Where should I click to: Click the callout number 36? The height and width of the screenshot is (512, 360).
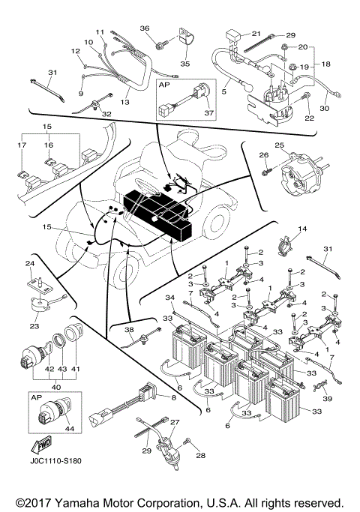(145, 28)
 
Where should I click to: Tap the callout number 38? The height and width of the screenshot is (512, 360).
(128, 331)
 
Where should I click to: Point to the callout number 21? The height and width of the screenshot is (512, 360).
(255, 34)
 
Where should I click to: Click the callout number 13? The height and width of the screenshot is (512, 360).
(124, 101)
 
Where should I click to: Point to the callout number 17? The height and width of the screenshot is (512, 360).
(21, 145)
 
